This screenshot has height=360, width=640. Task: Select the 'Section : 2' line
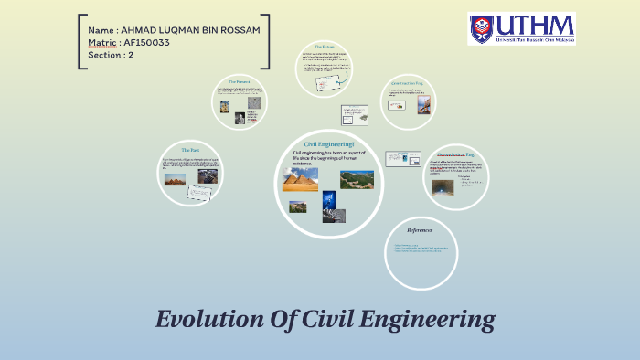click(x=112, y=55)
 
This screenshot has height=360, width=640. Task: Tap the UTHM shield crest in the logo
click(x=482, y=28)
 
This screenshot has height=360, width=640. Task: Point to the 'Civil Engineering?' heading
click(x=329, y=144)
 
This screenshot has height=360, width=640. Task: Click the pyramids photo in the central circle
click(x=300, y=178)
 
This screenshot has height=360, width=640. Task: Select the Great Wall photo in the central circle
click(x=357, y=179)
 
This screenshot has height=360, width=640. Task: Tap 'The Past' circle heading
click(x=190, y=149)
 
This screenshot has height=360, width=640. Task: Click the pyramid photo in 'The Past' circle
click(x=175, y=179)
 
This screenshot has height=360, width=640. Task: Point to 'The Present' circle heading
click(x=240, y=81)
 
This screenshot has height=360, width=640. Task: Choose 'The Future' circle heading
click(x=325, y=47)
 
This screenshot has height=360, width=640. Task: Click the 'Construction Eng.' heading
click(x=406, y=81)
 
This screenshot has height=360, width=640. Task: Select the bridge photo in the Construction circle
click(x=423, y=105)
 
